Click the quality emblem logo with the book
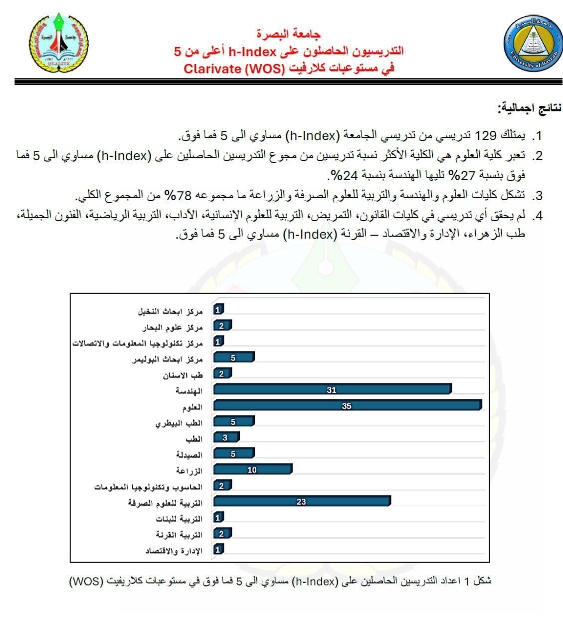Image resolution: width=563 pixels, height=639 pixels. [x=59, y=43]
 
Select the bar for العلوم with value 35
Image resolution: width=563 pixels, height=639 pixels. [x=348, y=405]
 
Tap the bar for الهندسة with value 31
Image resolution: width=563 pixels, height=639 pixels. [x=332, y=389]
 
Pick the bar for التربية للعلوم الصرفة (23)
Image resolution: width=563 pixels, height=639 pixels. [x=302, y=501]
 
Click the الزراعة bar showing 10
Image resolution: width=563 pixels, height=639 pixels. [x=252, y=469]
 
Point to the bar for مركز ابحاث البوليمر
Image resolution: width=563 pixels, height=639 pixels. [x=233, y=357]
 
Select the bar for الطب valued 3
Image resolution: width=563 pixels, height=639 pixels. [x=226, y=437]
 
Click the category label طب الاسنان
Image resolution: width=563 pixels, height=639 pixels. [x=183, y=375]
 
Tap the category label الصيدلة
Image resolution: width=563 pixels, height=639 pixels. [x=189, y=455]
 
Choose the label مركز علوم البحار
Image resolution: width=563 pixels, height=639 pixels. [x=173, y=327]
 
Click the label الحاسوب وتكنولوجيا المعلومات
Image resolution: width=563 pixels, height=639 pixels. [x=148, y=487]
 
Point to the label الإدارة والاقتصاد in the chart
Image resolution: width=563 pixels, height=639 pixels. [x=174, y=551]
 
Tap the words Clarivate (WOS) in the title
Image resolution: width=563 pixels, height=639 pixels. [x=233, y=68]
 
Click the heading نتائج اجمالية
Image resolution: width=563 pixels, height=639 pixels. [x=529, y=108]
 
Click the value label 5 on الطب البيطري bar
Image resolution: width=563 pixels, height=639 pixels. [x=233, y=422]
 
